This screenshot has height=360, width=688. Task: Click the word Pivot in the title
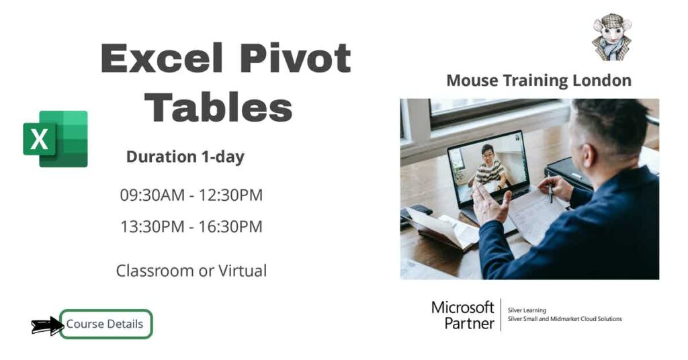[296, 59]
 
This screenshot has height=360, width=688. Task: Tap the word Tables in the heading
[219, 107]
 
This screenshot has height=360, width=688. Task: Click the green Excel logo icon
[55, 139]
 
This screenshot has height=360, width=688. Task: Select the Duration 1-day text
[185, 157]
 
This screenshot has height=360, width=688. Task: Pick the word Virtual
[242, 271]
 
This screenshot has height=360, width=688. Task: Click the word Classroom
[155, 271]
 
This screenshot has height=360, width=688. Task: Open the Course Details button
[105, 324]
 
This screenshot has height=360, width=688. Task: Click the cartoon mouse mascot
[611, 37]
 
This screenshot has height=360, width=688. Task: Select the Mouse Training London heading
[539, 81]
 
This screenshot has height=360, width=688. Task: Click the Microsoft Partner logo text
[462, 315]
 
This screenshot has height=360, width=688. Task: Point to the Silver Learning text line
[527, 310]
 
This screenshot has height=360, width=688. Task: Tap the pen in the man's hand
[551, 192]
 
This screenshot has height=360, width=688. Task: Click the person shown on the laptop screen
[490, 167]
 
